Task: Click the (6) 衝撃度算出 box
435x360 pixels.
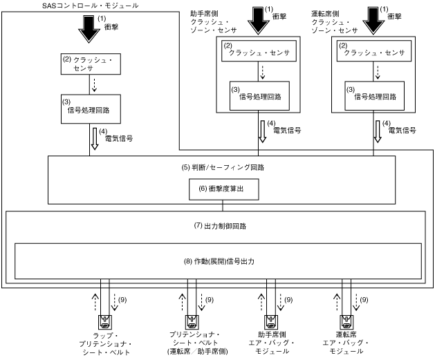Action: [x=218, y=189]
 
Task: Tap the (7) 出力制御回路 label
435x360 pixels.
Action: [x=218, y=226]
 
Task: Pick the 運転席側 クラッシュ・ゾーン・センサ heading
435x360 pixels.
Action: [x=335, y=21]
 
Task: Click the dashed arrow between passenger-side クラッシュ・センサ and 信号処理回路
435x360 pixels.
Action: [x=259, y=70]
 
